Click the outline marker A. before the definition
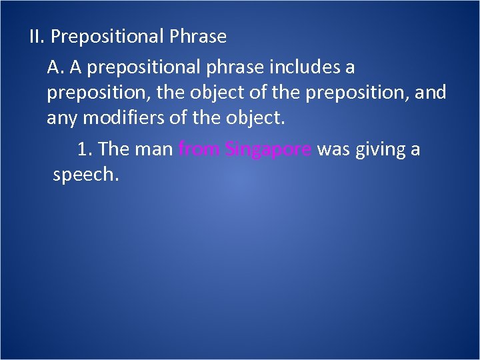tap(55, 67)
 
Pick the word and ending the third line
tap(430, 93)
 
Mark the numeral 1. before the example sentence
tap(84, 149)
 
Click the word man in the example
tap(154, 149)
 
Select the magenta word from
tap(199, 149)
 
